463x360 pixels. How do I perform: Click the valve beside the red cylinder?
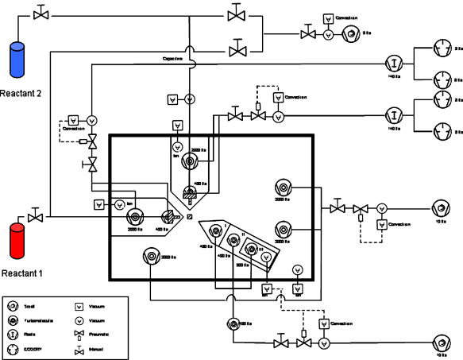(35, 216)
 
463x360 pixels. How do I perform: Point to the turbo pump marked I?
(215, 232)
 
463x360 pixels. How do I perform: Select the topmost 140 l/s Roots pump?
(392, 64)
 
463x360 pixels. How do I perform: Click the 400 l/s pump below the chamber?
(232, 323)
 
